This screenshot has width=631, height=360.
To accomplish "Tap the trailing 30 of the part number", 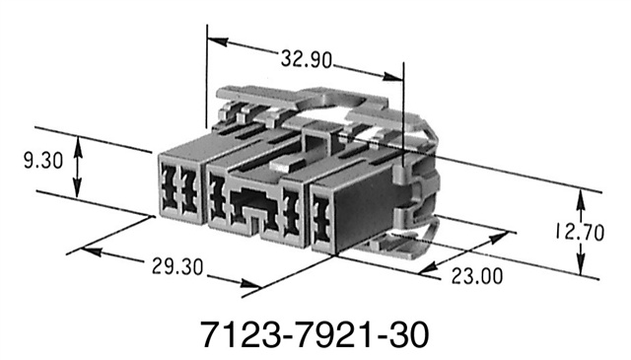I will coord(408,331).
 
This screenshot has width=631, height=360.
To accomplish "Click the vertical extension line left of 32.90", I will coord(206,79).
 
